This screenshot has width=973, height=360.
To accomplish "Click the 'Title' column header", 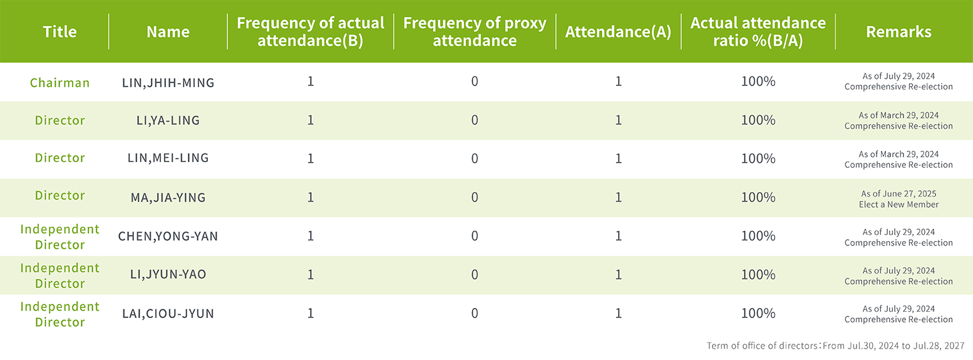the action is click(x=59, y=32).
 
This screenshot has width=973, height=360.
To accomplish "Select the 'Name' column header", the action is click(x=168, y=32).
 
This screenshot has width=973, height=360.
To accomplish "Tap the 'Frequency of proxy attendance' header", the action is click(x=475, y=31).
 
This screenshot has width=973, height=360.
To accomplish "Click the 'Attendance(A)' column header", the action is click(x=618, y=32).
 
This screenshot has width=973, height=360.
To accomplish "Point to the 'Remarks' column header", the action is click(x=898, y=32).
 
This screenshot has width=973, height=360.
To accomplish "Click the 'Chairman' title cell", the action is click(x=59, y=83).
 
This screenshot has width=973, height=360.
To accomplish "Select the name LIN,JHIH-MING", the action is click(x=168, y=83).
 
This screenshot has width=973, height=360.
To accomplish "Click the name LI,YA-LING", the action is click(x=168, y=120).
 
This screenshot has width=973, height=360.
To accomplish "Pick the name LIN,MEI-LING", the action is click(x=168, y=158).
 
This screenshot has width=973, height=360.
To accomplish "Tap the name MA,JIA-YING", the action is click(x=168, y=198).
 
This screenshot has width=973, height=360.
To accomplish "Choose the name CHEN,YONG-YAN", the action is click(x=168, y=236).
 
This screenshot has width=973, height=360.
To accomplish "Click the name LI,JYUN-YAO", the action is click(x=168, y=274).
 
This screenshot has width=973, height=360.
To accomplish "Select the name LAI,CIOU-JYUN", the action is click(x=168, y=314).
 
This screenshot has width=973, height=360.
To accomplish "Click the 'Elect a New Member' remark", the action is click(x=898, y=204).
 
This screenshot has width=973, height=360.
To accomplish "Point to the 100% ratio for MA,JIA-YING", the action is click(x=758, y=197).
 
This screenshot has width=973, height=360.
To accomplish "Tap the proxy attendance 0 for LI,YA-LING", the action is click(x=475, y=120).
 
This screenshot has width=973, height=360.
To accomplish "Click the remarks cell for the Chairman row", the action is click(x=898, y=81).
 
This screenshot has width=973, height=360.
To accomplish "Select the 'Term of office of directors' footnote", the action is click(x=835, y=346).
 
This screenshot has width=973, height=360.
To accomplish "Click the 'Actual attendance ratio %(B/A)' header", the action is click(x=758, y=31).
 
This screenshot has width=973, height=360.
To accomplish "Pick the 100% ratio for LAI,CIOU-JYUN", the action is click(x=758, y=313).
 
